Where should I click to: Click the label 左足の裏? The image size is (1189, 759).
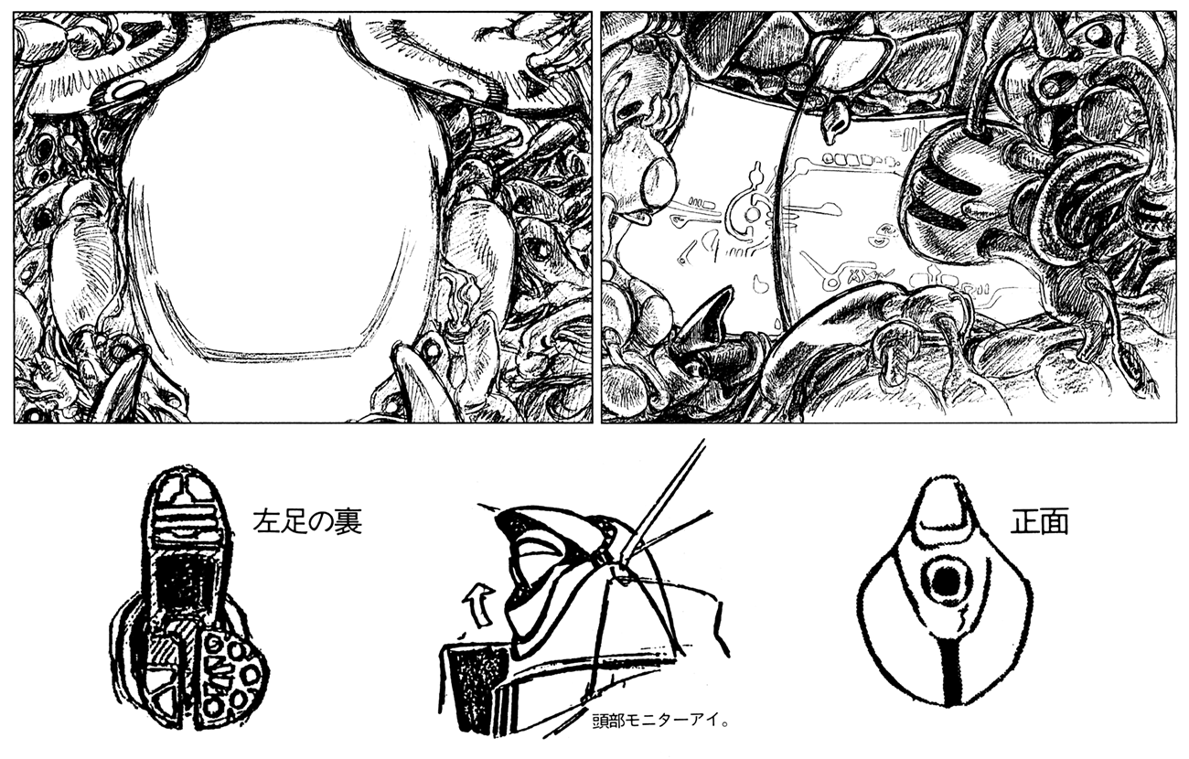pyautogui.click(x=307, y=522)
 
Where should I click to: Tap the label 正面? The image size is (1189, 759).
pyautogui.click(x=1039, y=522)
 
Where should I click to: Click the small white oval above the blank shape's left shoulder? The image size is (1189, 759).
pyautogui.click(x=127, y=91)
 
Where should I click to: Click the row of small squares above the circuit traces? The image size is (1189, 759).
pyautogui.click(x=854, y=160)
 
